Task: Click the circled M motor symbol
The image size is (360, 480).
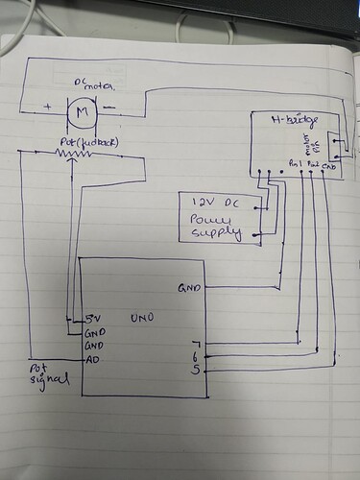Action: coord(81,114)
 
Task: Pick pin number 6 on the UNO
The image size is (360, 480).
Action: coord(196,356)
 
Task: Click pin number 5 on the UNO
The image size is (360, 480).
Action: coord(196,370)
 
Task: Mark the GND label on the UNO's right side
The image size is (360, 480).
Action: coord(189,286)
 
